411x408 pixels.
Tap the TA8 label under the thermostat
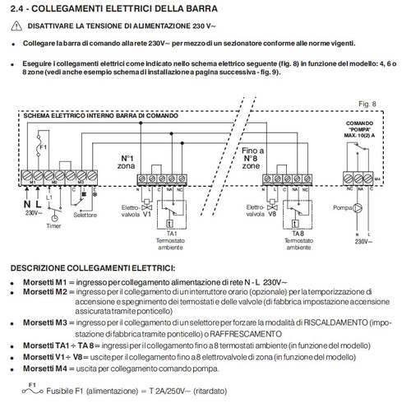click(289, 234)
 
